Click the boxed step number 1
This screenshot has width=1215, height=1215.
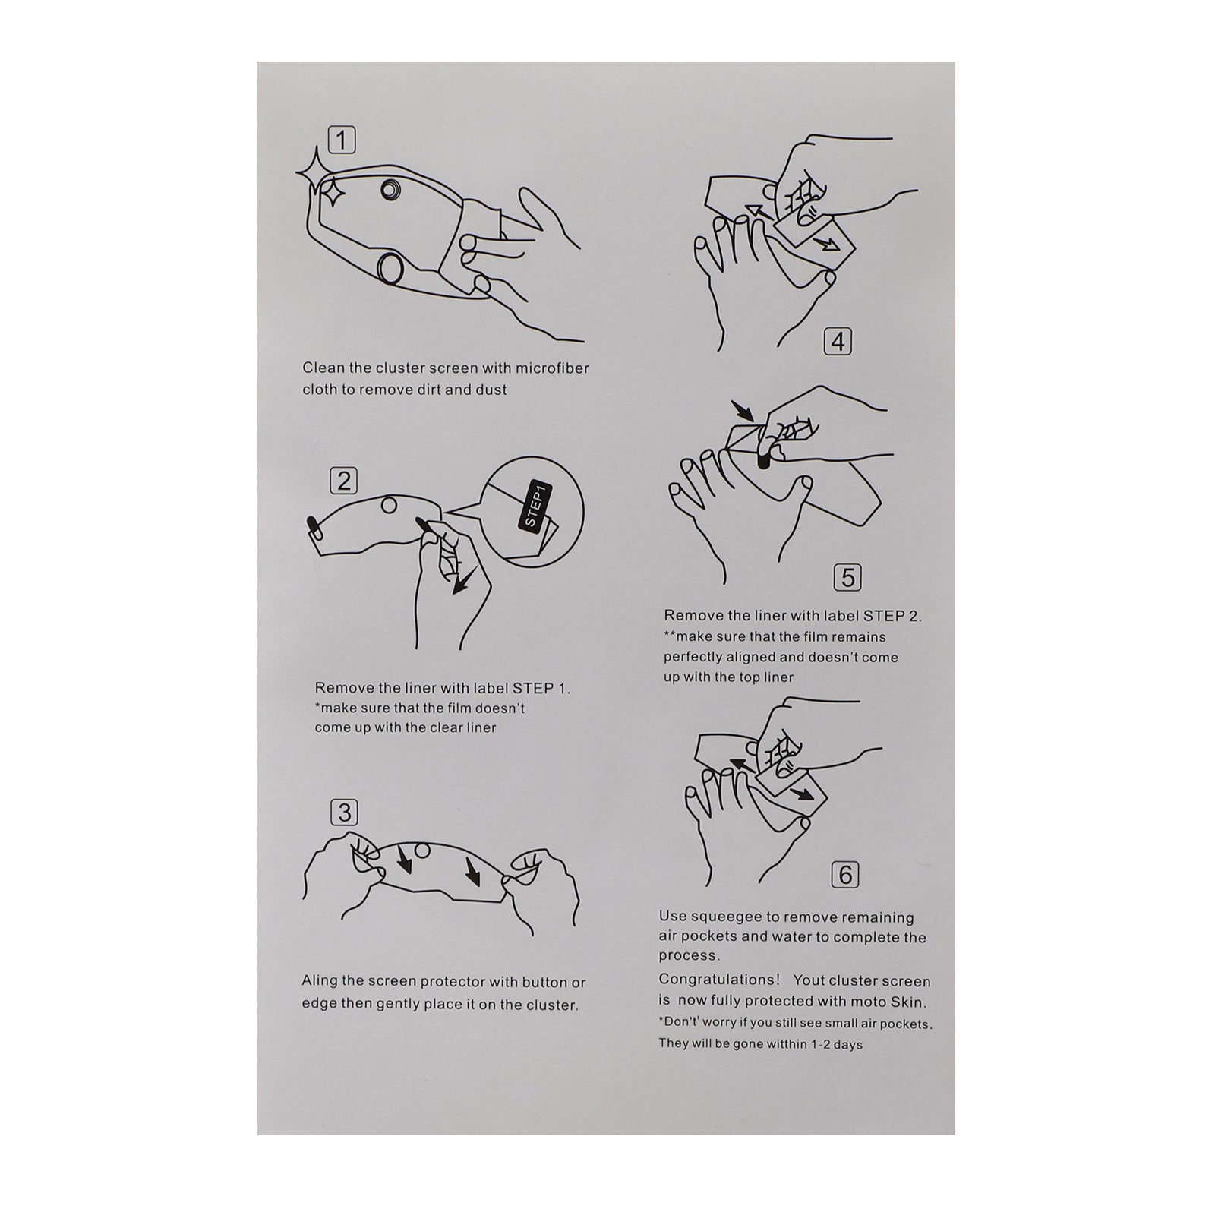point(342,140)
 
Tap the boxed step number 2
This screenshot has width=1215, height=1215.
point(343,481)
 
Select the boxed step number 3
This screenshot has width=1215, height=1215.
point(345,813)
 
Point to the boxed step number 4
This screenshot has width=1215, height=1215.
point(838,342)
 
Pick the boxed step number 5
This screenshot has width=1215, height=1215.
point(847,579)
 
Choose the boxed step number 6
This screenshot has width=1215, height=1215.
point(846,876)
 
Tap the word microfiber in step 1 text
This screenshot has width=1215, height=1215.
point(554,368)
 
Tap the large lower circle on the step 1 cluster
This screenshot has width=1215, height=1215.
point(393,267)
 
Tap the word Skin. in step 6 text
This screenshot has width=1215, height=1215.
point(908,1002)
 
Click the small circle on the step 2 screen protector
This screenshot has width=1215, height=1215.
point(389,505)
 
